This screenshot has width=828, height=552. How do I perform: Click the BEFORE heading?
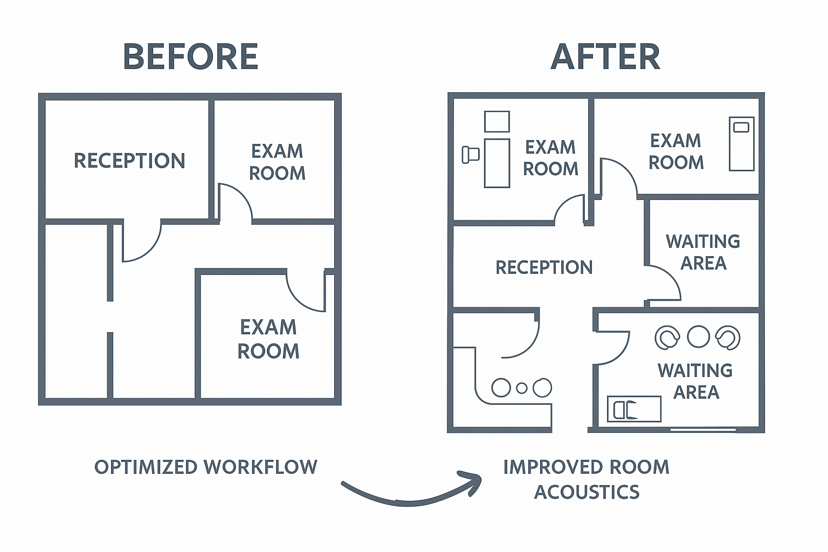[x=191, y=57]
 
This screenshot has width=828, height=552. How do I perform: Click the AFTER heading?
[x=605, y=57]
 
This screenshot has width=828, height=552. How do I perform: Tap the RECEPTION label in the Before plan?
[x=129, y=161]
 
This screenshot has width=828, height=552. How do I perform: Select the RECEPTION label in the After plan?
[x=544, y=267]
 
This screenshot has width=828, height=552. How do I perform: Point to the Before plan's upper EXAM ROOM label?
[x=277, y=162]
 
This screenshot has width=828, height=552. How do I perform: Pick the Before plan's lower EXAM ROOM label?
[x=268, y=339]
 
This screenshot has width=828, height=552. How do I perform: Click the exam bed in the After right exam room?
[x=742, y=143]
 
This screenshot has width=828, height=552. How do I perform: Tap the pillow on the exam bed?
[x=742, y=127]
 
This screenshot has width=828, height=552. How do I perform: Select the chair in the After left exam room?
[x=470, y=155]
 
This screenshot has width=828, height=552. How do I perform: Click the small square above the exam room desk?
[x=496, y=121]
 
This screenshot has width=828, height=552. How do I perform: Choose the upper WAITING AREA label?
[x=703, y=252]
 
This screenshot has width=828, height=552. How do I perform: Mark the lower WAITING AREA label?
[x=695, y=381]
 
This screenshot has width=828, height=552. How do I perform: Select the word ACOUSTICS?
[x=587, y=492]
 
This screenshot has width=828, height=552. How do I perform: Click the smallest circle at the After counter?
[x=521, y=388]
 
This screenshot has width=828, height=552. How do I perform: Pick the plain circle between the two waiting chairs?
[x=699, y=336]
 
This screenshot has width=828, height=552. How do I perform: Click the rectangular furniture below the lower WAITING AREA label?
[x=634, y=409]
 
